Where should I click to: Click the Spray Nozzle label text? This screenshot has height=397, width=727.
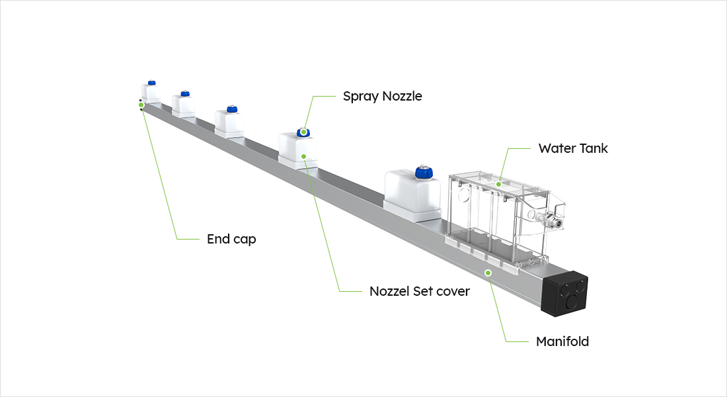click(x=382, y=97)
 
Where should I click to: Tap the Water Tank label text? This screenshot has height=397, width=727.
click(x=573, y=149)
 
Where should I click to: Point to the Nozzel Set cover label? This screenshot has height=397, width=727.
click(x=420, y=291)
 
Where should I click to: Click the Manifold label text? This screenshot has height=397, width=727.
click(x=562, y=342)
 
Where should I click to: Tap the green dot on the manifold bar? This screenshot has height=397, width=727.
click(x=488, y=273)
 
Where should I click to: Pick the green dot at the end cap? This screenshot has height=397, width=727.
click(x=141, y=105)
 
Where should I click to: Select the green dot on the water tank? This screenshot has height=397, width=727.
click(x=499, y=183)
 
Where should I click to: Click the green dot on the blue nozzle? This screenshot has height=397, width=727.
click(x=303, y=132)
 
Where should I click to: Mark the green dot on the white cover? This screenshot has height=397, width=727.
click(x=303, y=157)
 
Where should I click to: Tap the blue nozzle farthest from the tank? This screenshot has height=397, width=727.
click(x=151, y=83)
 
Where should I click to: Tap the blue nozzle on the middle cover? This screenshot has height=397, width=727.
click(x=231, y=109)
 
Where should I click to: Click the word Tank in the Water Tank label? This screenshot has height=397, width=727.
click(x=592, y=149)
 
